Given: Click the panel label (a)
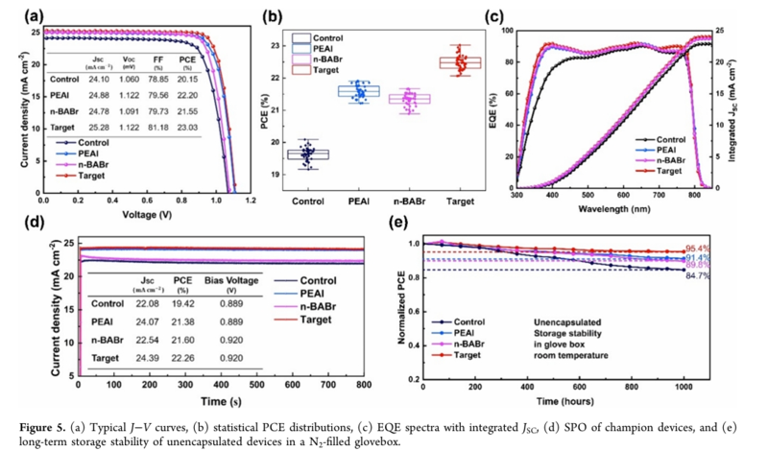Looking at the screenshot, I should tap(13, 14).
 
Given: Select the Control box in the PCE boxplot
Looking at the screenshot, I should tap(308, 154).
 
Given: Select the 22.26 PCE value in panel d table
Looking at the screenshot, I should tap(182, 357).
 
